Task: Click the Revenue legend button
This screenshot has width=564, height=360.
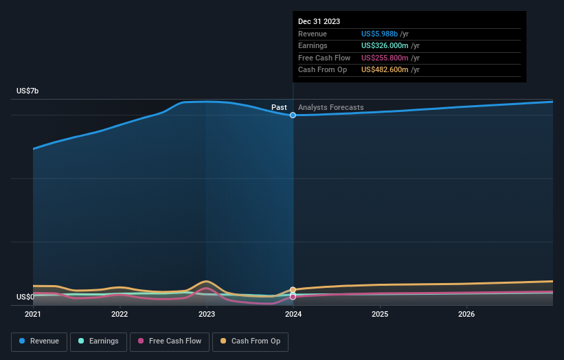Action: pos(40,341)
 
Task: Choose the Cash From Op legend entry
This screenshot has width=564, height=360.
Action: pos(251,341)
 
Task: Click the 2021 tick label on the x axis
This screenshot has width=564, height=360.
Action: pos(33,314)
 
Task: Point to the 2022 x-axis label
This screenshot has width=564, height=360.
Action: pos(120,314)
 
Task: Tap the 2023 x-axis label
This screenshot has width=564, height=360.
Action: pos(206,314)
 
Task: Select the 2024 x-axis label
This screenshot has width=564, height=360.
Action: pos(293,314)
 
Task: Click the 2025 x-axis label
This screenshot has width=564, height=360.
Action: pos(380,314)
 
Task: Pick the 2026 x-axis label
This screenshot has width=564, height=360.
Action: pos(466,314)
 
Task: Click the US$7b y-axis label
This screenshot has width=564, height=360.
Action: pos(28,91)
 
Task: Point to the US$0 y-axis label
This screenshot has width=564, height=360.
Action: pos(25,297)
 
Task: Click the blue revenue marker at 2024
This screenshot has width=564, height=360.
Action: pos(293,115)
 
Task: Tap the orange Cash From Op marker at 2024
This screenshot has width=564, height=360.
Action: pos(293,290)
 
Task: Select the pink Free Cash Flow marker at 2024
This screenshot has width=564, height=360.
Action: pos(293,297)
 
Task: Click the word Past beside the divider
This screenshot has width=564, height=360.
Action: pos(279,107)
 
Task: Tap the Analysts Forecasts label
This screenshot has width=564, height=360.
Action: pos(331,107)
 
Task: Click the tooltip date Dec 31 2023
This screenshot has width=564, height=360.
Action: pos(319,22)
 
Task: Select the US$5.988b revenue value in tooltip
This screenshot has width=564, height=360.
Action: pos(385,34)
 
